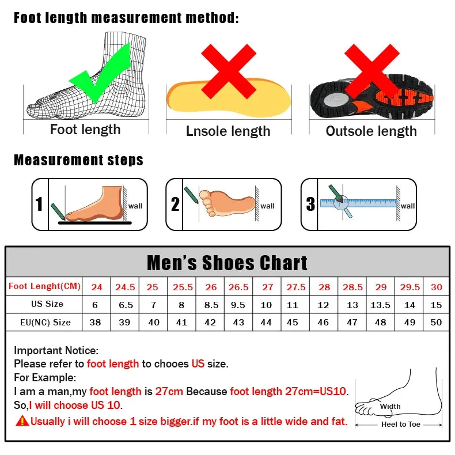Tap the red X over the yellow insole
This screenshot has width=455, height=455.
(x=228, y=71)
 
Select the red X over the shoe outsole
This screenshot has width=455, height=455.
(x=371, y=71)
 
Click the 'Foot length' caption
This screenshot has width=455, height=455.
(x=85, y=130)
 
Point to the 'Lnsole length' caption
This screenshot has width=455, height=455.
(x=228, y=131)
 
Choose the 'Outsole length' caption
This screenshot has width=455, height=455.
(x=371, y=131)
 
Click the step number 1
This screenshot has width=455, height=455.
(x=39, y=204)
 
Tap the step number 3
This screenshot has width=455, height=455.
(x=310, y=204)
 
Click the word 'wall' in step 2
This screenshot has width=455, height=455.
(x=268, y=206)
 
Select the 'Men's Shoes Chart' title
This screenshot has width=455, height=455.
(x=227, y=263)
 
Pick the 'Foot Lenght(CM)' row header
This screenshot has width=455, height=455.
(x=44, y=286)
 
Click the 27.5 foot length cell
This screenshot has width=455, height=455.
(x=295, y=287)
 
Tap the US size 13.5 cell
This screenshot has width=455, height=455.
(x=381, y=305)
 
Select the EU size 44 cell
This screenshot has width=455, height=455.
(x=266, y=323)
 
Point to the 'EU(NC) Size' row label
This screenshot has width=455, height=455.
(x=44, y=323)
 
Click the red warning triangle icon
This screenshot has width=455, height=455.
(x=22, y=421)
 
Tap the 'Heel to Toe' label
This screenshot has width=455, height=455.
(x=401, y=424)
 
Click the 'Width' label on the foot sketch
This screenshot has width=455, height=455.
(x=390, y=407)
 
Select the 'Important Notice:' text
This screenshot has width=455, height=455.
(x=56, y=350)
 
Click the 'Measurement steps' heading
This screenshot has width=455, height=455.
(x=78, y=160)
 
